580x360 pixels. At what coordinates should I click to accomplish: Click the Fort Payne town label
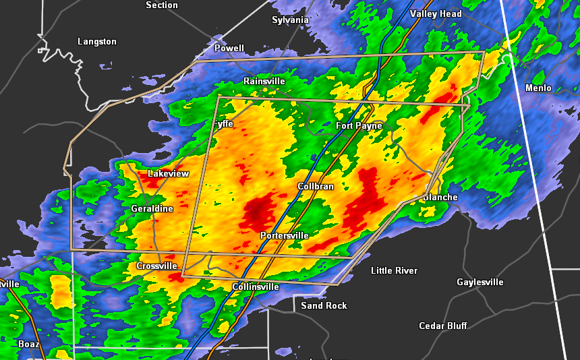359,126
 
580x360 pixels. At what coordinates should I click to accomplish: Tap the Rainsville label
264,81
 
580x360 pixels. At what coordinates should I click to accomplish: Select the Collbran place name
316,186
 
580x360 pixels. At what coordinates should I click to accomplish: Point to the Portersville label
285,235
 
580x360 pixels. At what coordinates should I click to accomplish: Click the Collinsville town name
256,287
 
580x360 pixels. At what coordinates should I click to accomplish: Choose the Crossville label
156,266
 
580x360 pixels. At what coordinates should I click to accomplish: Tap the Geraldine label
152,208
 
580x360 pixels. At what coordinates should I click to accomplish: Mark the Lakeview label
169,173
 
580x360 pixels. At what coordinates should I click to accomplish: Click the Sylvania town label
290,20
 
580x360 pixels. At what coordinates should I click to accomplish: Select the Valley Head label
436,13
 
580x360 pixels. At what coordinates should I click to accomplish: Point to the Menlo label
538,88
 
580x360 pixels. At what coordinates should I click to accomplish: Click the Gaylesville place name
480,282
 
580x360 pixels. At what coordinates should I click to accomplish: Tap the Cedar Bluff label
443,326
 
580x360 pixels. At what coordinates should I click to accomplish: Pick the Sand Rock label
324,305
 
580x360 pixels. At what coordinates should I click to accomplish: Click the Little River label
395,270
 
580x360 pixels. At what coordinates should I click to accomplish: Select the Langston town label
97,41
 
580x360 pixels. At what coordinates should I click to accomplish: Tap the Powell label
229,48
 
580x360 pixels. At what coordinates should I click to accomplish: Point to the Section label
162,5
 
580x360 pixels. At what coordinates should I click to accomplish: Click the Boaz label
29,344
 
